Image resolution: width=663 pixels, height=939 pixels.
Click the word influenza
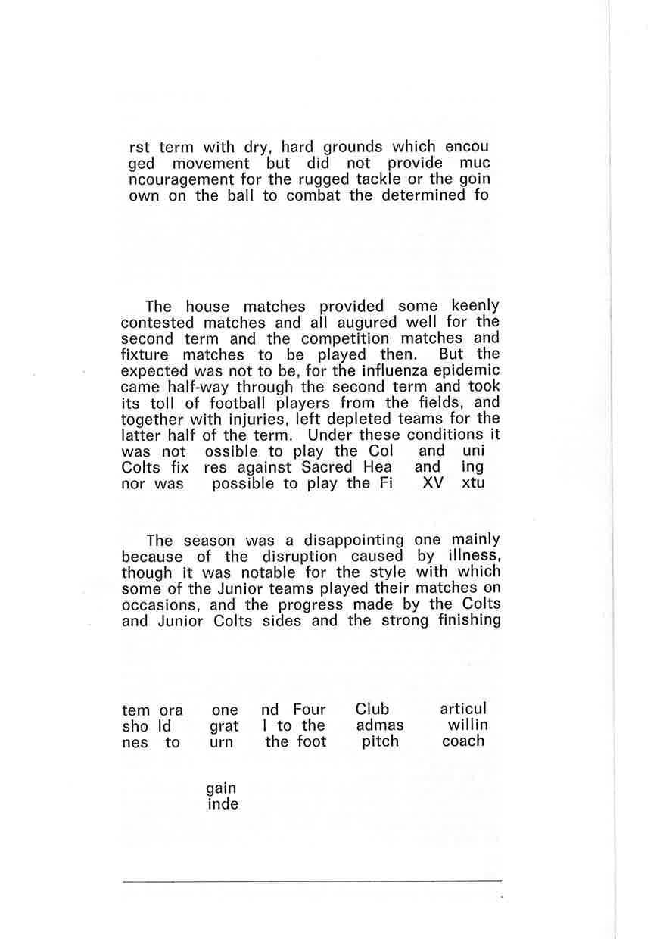click(409, 370)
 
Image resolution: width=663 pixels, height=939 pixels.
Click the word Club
click(372, 709)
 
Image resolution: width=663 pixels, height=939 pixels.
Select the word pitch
click(380, 741)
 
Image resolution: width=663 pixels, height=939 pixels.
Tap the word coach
click(463, 741)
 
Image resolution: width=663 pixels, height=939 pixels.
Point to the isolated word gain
click(221, 788)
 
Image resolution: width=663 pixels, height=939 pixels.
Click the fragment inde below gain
click(223, 804)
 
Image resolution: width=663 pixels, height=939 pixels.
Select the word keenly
click(475, 306)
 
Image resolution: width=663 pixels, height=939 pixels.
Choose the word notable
click(241, 572)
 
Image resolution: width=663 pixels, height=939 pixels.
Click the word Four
click(310, 710)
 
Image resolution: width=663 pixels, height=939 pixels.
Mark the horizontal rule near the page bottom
click(312, 881)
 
